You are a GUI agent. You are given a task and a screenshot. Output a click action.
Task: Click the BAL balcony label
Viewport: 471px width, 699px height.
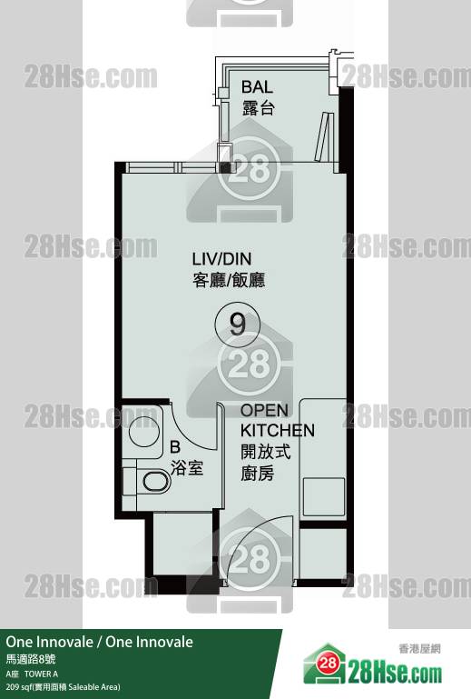[257, 86]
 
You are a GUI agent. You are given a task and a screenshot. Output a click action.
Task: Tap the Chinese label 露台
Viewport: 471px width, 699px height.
[259, 108]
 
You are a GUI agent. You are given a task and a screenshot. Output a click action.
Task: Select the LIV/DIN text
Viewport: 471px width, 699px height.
[221, 258]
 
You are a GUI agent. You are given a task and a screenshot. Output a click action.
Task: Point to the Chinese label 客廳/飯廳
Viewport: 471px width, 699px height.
[229, 280]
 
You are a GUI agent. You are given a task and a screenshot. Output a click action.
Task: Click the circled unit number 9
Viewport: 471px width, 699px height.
[237, 325]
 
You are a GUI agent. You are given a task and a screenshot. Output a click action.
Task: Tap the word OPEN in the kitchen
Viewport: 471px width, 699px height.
[264, 410]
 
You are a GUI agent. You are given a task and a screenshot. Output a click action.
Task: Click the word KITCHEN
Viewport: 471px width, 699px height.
[278, 430]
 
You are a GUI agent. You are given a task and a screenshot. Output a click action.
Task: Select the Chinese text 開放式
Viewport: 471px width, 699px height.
[265, 452]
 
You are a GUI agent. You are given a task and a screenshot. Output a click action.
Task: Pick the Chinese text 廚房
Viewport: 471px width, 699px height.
[257, 473]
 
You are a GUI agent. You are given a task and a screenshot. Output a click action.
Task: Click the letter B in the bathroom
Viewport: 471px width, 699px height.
[175, 446]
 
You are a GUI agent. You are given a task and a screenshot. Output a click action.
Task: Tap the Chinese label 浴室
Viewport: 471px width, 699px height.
[187, 468]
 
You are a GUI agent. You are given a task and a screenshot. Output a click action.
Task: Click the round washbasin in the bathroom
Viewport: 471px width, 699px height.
[143, 431]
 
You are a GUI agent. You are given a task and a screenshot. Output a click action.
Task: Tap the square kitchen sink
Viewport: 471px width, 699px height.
[324, 496]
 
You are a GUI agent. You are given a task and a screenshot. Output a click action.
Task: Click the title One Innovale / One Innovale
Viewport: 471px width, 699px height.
[99, 642]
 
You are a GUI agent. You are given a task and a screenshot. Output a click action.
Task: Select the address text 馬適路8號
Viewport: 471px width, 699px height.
[31, 659]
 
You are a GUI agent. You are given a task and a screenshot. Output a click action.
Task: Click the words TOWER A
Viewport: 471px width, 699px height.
[41, 674]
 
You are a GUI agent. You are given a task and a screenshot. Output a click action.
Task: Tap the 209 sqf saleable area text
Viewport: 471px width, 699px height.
[63, 687]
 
